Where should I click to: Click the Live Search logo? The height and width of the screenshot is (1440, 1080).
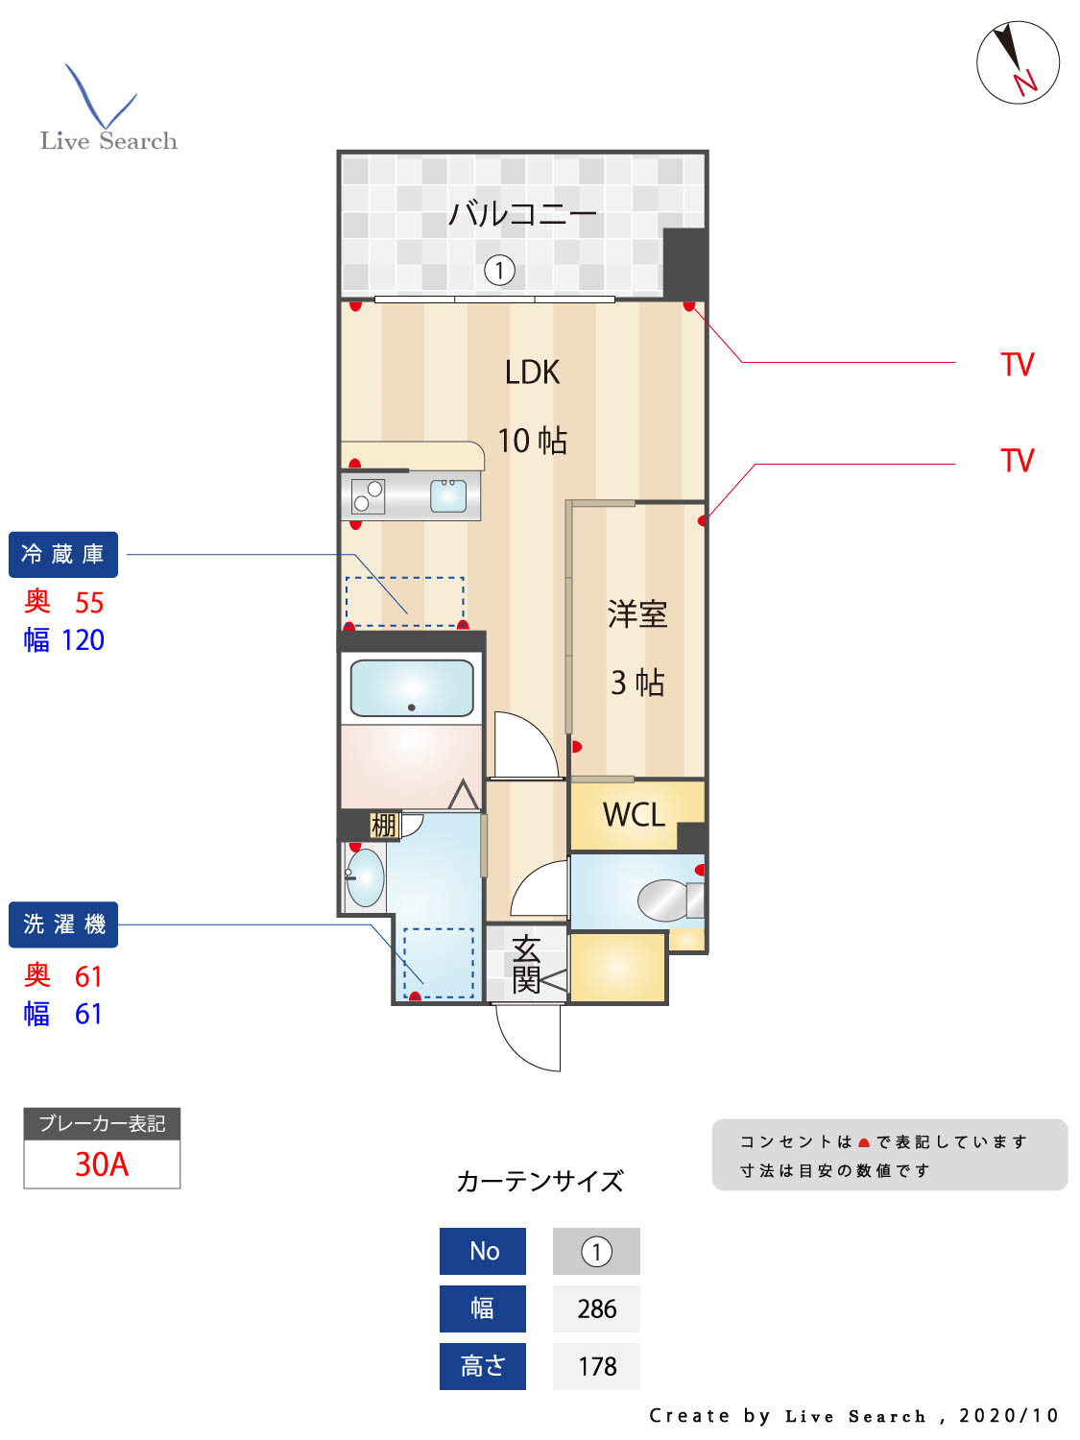(x=108, y=111)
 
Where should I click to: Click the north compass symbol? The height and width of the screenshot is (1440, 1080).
(x=1018, y=62)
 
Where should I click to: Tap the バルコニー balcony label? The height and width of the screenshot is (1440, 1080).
(x=522, y=213)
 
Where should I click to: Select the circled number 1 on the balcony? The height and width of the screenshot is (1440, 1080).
(x=499, y=270)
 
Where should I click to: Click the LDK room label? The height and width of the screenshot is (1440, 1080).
(x=532, y=372)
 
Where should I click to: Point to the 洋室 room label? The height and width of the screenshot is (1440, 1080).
(x=636, y=614)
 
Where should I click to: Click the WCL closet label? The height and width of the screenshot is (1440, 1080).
(x=634, y=815)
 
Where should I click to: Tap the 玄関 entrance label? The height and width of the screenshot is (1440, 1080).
(x=526, y=964)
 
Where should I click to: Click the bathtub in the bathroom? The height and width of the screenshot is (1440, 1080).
(x=412, y=687)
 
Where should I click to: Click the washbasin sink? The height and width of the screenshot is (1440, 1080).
(x=366, y=877)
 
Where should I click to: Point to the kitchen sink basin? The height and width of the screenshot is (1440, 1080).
(x=448, y=495)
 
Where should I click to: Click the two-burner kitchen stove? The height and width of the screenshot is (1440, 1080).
(x=368, y=496)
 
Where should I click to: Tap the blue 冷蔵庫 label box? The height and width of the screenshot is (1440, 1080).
(x=63, y=555)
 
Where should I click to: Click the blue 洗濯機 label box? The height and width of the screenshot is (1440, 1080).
(x=63, y=924)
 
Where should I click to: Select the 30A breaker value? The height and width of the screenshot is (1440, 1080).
(x=102, y=1164)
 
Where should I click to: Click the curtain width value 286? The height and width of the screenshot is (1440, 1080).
(x=596, y=1308)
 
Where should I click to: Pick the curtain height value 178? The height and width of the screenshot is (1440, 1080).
(x=596, y=1366)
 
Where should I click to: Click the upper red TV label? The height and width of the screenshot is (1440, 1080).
(x=1017, y=365)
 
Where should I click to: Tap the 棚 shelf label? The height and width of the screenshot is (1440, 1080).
(x=384, y=825)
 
